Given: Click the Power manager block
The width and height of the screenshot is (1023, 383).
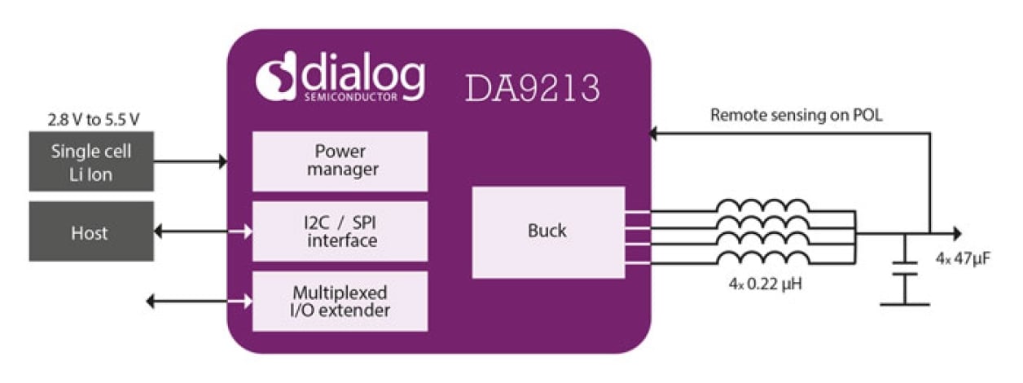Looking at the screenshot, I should [340, 161].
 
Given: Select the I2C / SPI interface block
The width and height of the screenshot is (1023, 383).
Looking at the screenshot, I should [340, 231].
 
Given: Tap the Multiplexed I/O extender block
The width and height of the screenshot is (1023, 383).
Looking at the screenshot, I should [340, 301].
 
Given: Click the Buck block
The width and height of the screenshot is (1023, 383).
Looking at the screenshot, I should [547, 231].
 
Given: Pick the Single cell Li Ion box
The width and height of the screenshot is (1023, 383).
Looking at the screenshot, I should [91, 161].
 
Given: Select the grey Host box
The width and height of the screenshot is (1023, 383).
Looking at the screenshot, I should [91, 232].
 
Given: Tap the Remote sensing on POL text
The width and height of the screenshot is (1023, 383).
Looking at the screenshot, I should [796, 116].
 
